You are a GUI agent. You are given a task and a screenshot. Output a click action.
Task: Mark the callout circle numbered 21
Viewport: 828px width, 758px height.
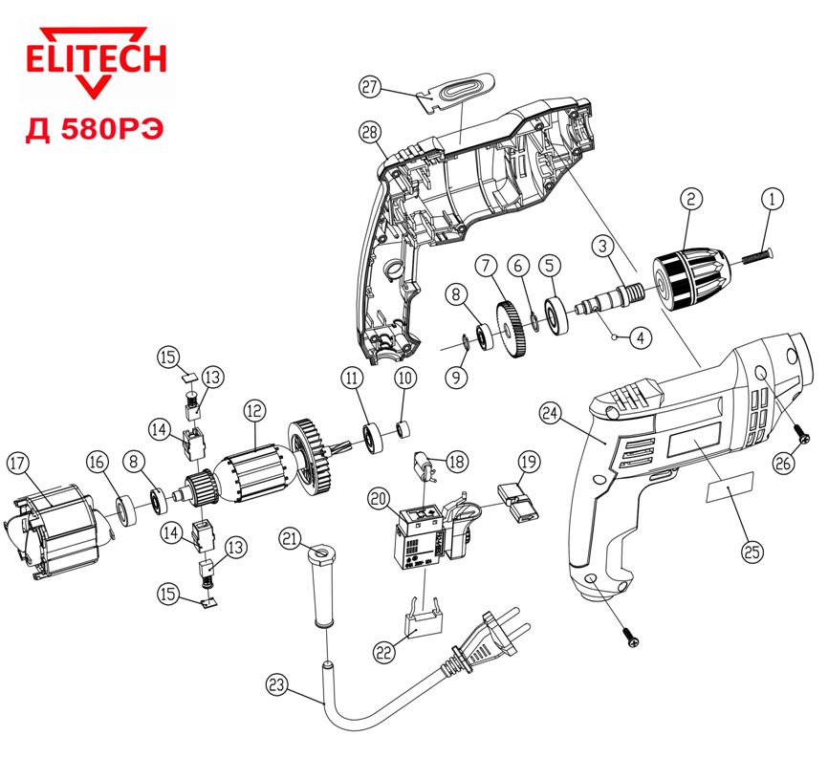(x=292, y=539)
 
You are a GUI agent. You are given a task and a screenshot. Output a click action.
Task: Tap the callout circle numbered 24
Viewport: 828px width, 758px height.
(x=548, y=412)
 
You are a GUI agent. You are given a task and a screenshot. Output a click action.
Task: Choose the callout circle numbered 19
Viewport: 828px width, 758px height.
(x=528, y=465)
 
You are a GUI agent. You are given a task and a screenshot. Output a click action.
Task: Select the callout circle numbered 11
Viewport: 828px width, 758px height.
(x=355, y=379)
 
